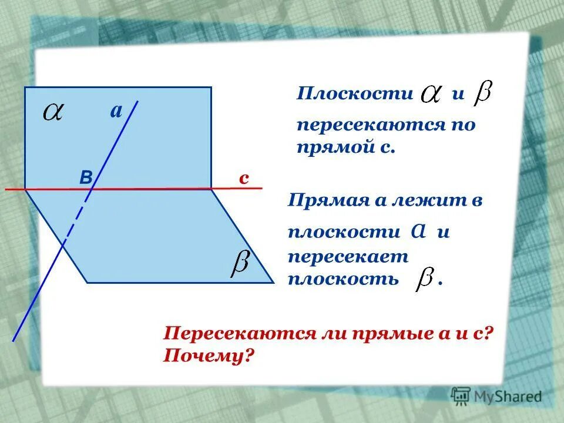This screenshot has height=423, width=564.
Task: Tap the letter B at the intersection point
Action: click(x=86, y=179)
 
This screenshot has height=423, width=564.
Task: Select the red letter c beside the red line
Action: click(x=243, y=179)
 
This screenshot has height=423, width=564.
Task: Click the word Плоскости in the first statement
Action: click(x=355, y=93)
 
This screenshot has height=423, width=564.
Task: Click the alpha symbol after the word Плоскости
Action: click(x=432, y=94)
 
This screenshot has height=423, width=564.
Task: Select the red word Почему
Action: click(x=210, y=355)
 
